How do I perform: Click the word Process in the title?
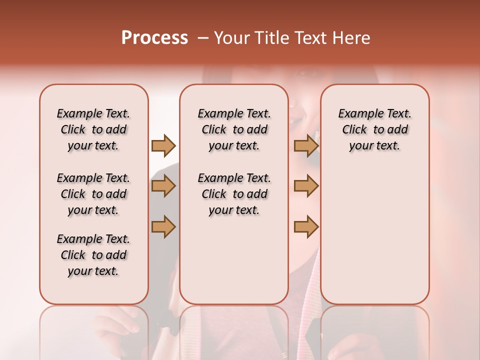point(154,38)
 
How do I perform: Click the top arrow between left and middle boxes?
point(163,145)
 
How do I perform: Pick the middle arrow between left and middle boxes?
point(163,186)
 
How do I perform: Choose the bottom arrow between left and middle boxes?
point(163,226)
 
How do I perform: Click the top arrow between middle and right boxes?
point(306,145)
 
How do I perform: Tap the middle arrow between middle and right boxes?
point(306,186)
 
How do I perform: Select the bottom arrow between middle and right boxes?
point(306,226)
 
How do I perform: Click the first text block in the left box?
point(93,129)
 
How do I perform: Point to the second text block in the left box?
point(93,194)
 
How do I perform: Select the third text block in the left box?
point(93,255)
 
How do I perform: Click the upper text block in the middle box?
point(234,129)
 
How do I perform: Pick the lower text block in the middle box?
point(234,194)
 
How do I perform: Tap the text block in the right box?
point(374,129)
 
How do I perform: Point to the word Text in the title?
point(310,38)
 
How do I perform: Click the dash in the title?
point(203,38)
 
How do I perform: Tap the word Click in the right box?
point(354,130)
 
